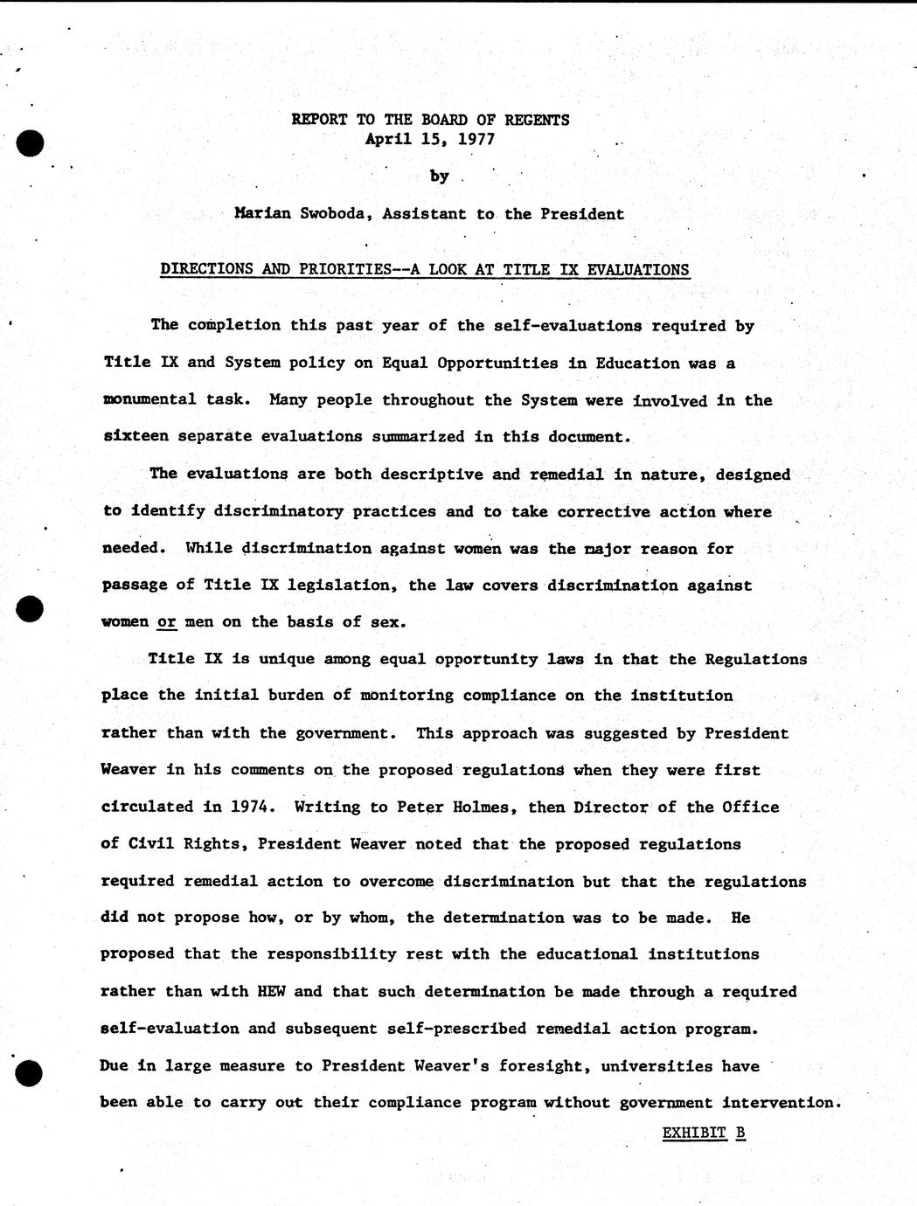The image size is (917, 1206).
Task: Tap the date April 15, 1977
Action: (430, 139)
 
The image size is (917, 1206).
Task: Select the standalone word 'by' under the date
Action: (439, 176)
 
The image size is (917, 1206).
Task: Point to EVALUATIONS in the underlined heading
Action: (638, 270)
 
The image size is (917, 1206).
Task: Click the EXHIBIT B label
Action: (704, 1133)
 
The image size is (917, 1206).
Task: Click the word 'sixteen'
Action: (135, 437)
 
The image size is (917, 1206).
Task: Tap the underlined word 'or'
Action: (167, 623)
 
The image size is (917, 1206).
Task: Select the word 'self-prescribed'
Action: (460, 1029)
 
